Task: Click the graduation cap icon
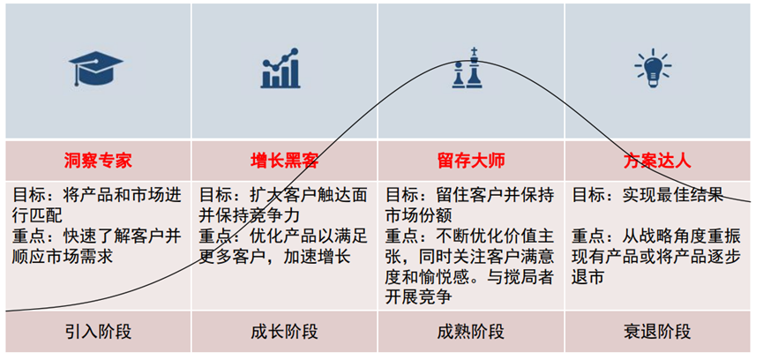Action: (98, 69)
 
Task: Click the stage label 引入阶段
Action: (98, 333)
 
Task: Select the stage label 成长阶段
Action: (285, 333)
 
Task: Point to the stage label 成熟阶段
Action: (470, 333)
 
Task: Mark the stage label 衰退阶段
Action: (657, 333)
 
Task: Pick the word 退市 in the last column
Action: (589, 279)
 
